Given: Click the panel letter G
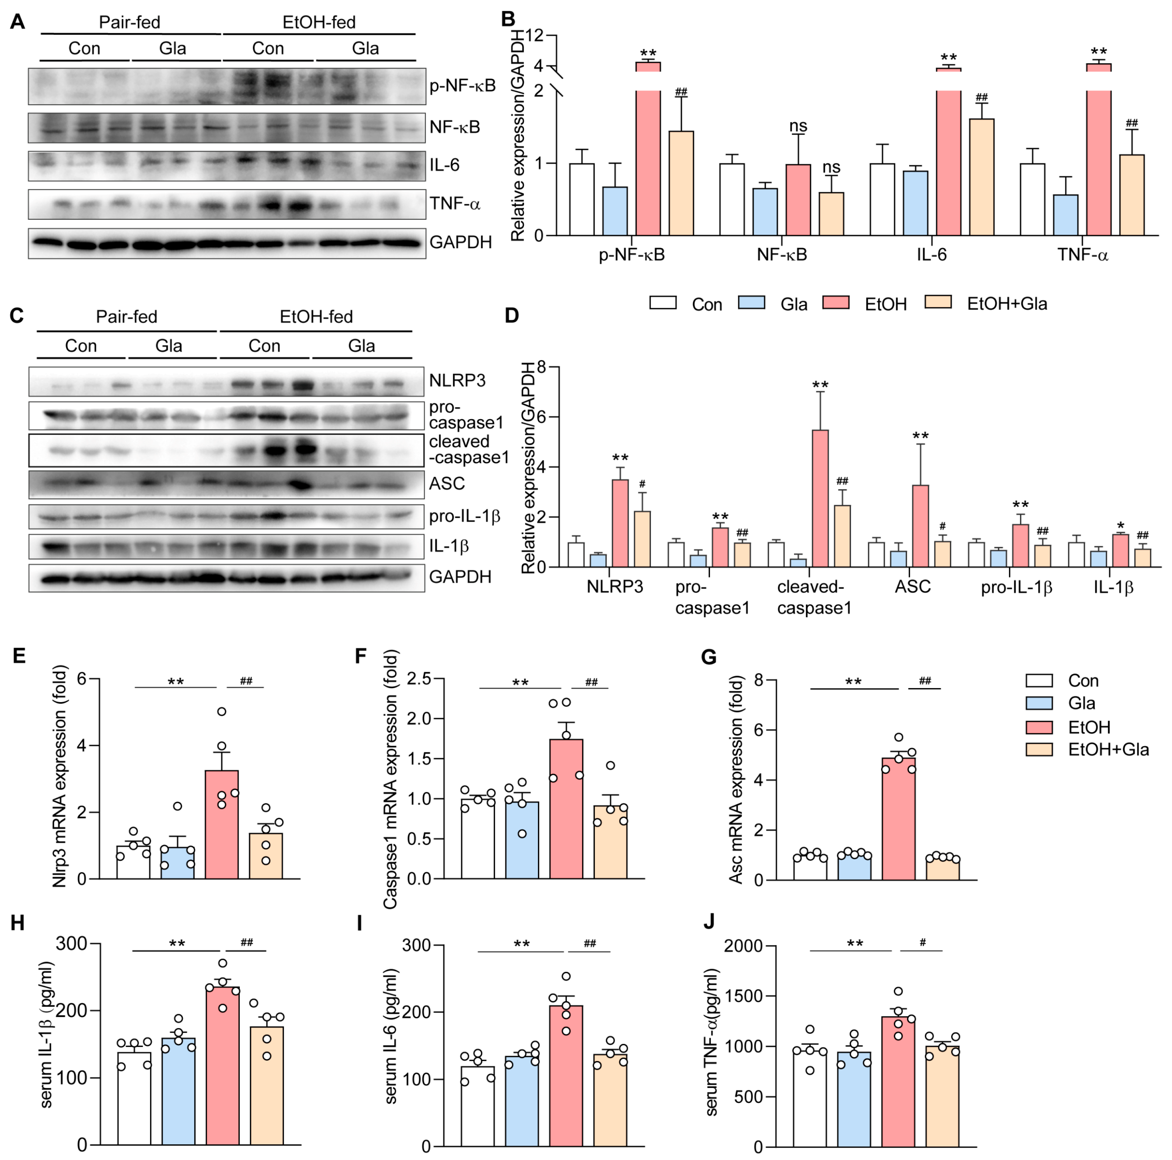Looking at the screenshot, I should tap(709, 657).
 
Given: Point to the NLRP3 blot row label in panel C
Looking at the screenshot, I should tap(457, 380).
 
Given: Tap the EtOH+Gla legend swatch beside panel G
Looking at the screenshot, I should tap(1039, 750).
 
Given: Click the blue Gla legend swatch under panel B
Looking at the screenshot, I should tap(751, 303).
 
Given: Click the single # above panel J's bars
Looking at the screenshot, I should tap(922, 942).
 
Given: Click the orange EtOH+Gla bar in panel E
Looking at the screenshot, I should tap(266, 856).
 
